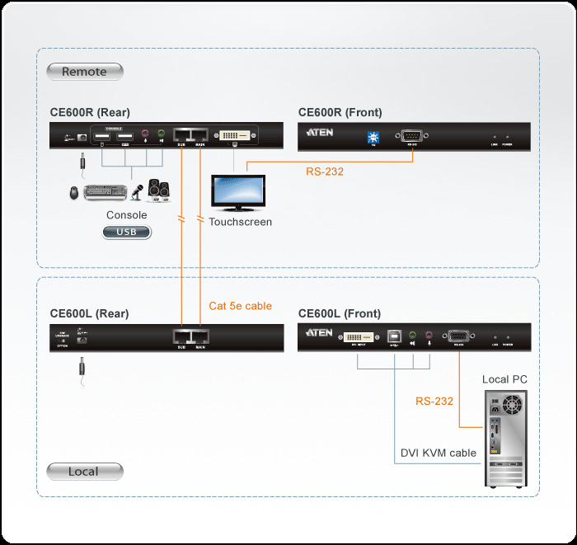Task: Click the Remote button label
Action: (x=84, y=72)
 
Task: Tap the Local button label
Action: (x=84, y=472)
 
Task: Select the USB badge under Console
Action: (x=127, y=233)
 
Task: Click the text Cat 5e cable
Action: (x=240, y=306)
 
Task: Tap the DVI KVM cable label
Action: (x=438, y=453)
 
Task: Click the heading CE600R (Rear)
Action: (x=90, y=113)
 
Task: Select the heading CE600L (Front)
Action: (x=340, y=313)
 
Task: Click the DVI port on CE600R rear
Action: (x=237, y=134)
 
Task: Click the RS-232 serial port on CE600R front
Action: (x=410, y=135)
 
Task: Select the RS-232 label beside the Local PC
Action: (x=434, y=402)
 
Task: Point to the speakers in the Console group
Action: (x=159, y=190)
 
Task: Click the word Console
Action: (x=127, y=215)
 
